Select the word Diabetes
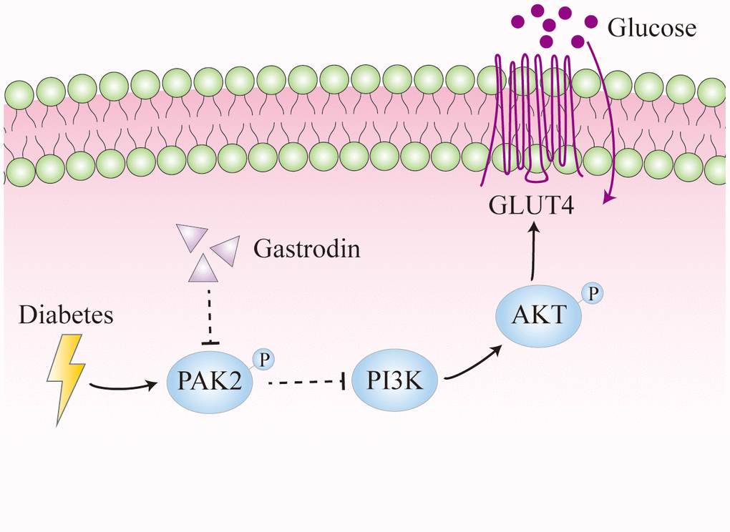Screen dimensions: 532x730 pos(66,315)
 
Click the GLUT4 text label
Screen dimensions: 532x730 pos(532,206)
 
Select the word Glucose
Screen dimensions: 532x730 pos(651,29)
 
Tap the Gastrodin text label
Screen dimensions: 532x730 pos(306,250)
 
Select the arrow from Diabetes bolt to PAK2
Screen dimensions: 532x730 pos(122,388)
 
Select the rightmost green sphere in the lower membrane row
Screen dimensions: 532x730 pos(717,169)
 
